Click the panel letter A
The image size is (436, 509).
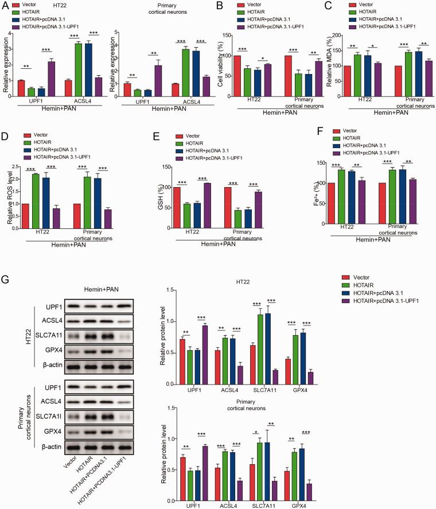point(5,5)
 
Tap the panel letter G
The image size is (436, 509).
point(5,282)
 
